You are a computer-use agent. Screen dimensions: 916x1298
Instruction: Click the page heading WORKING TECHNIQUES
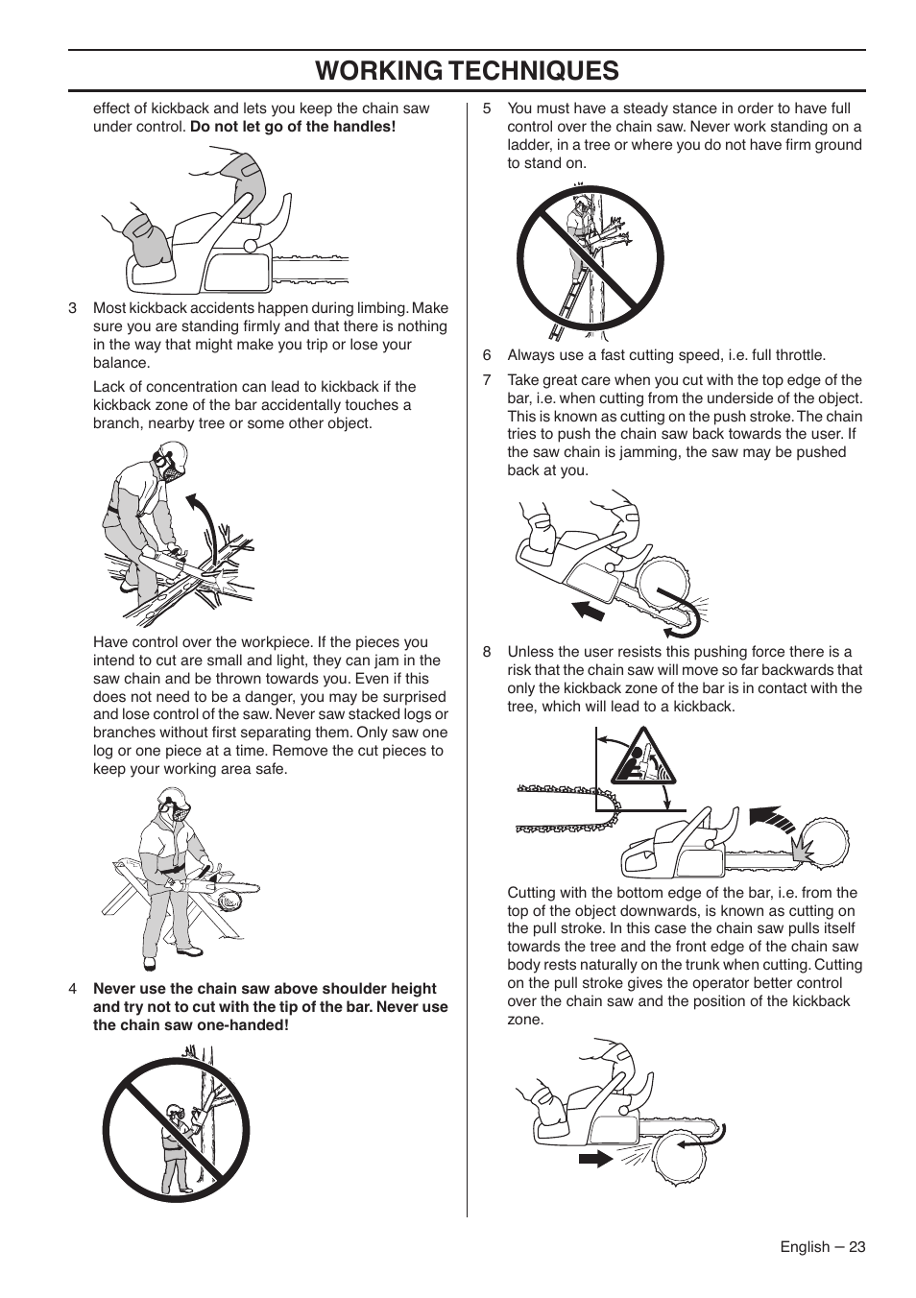click(466, 70)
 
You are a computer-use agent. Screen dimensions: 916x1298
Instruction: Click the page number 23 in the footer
click(856, 1246)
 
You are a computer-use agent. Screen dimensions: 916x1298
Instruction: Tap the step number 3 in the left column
click(73, 308)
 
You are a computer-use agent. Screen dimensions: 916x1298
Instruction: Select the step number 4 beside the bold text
click(73, 989)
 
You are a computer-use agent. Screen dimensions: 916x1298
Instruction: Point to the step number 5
click(487, 108)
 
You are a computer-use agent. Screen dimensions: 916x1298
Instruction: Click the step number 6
click(487, 355)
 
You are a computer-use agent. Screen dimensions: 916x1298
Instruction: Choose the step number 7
click(487, 380)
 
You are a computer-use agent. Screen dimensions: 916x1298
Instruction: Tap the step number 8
click(487, 652)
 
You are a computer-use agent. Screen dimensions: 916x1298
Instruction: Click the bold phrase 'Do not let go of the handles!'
click(293, 127)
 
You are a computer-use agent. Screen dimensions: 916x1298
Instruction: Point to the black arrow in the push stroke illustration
click(588, 610)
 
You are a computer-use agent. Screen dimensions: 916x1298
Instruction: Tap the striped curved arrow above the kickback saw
click(774, 816)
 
